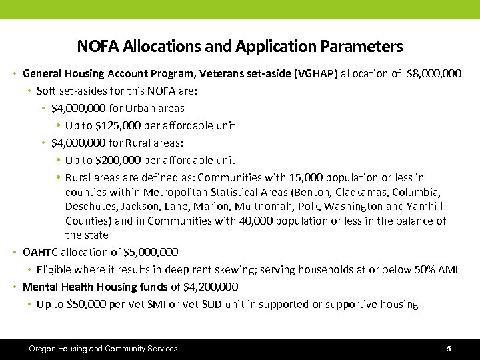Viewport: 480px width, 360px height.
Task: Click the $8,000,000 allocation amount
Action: [434, 73]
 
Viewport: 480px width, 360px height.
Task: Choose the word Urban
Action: [135, 107]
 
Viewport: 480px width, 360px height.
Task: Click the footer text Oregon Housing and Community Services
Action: [103, 349]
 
